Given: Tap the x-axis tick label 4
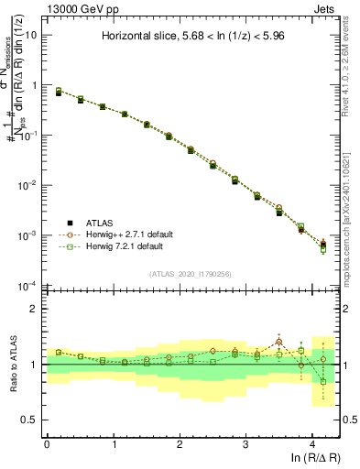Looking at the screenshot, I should [312, 443].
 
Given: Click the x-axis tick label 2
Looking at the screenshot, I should [180, 443].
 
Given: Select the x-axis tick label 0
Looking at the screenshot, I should [47, 443].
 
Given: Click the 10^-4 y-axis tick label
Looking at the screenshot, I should [27, 285].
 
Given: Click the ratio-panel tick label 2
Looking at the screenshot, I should [35, 309].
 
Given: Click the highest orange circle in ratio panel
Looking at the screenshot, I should [279, 342].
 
